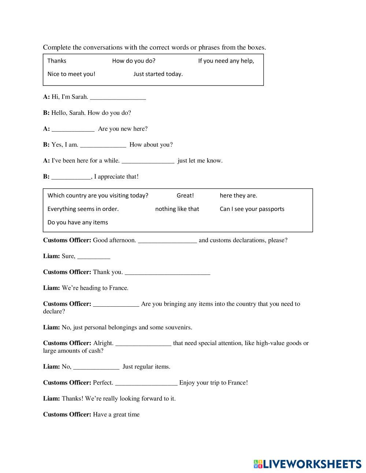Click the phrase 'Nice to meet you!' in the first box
(x=71, y=74)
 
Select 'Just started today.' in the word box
(x=158, y=74)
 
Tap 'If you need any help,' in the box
(x=226, y=61)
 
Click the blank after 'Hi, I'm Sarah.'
(x=118, y=97)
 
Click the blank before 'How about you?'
(x=103, y=145)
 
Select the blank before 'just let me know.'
(x=147, y=161)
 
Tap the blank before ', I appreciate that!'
(x=71, y=177)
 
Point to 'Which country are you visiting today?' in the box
(x=98, y=196)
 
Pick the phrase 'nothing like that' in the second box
(x=177, y=209)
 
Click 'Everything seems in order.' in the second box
(x=83, y=209)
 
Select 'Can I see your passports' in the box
(x=252, y=209)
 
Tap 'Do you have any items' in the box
(x=78, y=223)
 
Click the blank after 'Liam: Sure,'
(x=94, y=257)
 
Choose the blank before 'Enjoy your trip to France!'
(x=146, y=383)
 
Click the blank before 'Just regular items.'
(x=96, y=367)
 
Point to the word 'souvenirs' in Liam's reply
(x=178, y=328)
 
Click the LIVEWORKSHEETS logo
(x=307, y=464)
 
